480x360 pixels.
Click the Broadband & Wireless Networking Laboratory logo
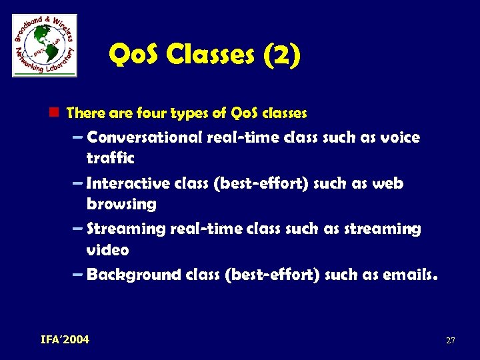[45, 45]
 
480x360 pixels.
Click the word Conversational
[145, 138]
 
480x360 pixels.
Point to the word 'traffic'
[110, 159]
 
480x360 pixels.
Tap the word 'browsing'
[121, 204]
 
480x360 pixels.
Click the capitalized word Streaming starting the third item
[126, 229]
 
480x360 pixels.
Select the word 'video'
[107, 250]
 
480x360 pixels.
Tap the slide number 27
[450, 341]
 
